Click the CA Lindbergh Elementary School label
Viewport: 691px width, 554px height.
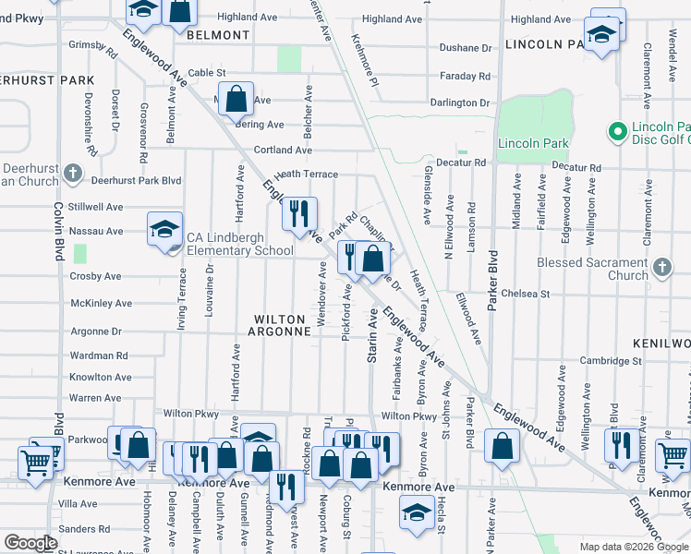[240, 244]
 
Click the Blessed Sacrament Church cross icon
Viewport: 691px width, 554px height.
[661, 268]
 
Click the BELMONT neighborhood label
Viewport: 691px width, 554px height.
[218, 34]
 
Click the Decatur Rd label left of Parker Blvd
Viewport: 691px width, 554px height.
[461, 163]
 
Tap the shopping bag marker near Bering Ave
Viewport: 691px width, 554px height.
[236, 99]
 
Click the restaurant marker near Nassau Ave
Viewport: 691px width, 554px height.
[299, 214]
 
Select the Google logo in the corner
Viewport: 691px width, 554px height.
[30, 543]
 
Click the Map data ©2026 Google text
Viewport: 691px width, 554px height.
[625, 547]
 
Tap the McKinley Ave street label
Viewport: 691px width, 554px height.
[102, 303]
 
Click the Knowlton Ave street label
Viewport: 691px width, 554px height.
[101, 377]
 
